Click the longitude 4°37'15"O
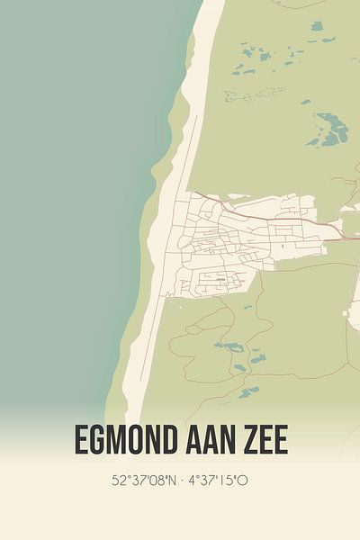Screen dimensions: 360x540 point(218,481)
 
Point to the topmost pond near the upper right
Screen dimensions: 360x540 point(317,25)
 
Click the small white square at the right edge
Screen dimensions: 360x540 point(347,314)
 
